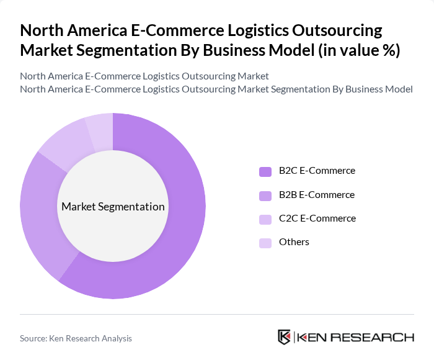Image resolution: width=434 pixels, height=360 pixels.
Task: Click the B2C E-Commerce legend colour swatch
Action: tap(265, 171)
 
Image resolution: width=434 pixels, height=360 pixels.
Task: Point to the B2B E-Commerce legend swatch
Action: tap(265, 196)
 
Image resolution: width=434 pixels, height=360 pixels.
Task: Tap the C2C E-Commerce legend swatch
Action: tap(265, 219)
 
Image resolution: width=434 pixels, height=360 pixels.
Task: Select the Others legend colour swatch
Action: tap(265, 243)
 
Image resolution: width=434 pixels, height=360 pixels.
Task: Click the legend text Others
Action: tap(294, 242)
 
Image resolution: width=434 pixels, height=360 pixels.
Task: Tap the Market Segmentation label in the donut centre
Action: tap(113, 207)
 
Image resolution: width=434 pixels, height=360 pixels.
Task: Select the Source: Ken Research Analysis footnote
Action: tap(76, 338)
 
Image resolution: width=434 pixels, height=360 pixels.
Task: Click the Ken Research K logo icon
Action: tap(285, 337)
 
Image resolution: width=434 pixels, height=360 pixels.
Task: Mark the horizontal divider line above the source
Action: tap(217, 314)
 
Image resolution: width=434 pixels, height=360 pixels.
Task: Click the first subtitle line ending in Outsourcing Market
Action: tap(144, 76)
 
